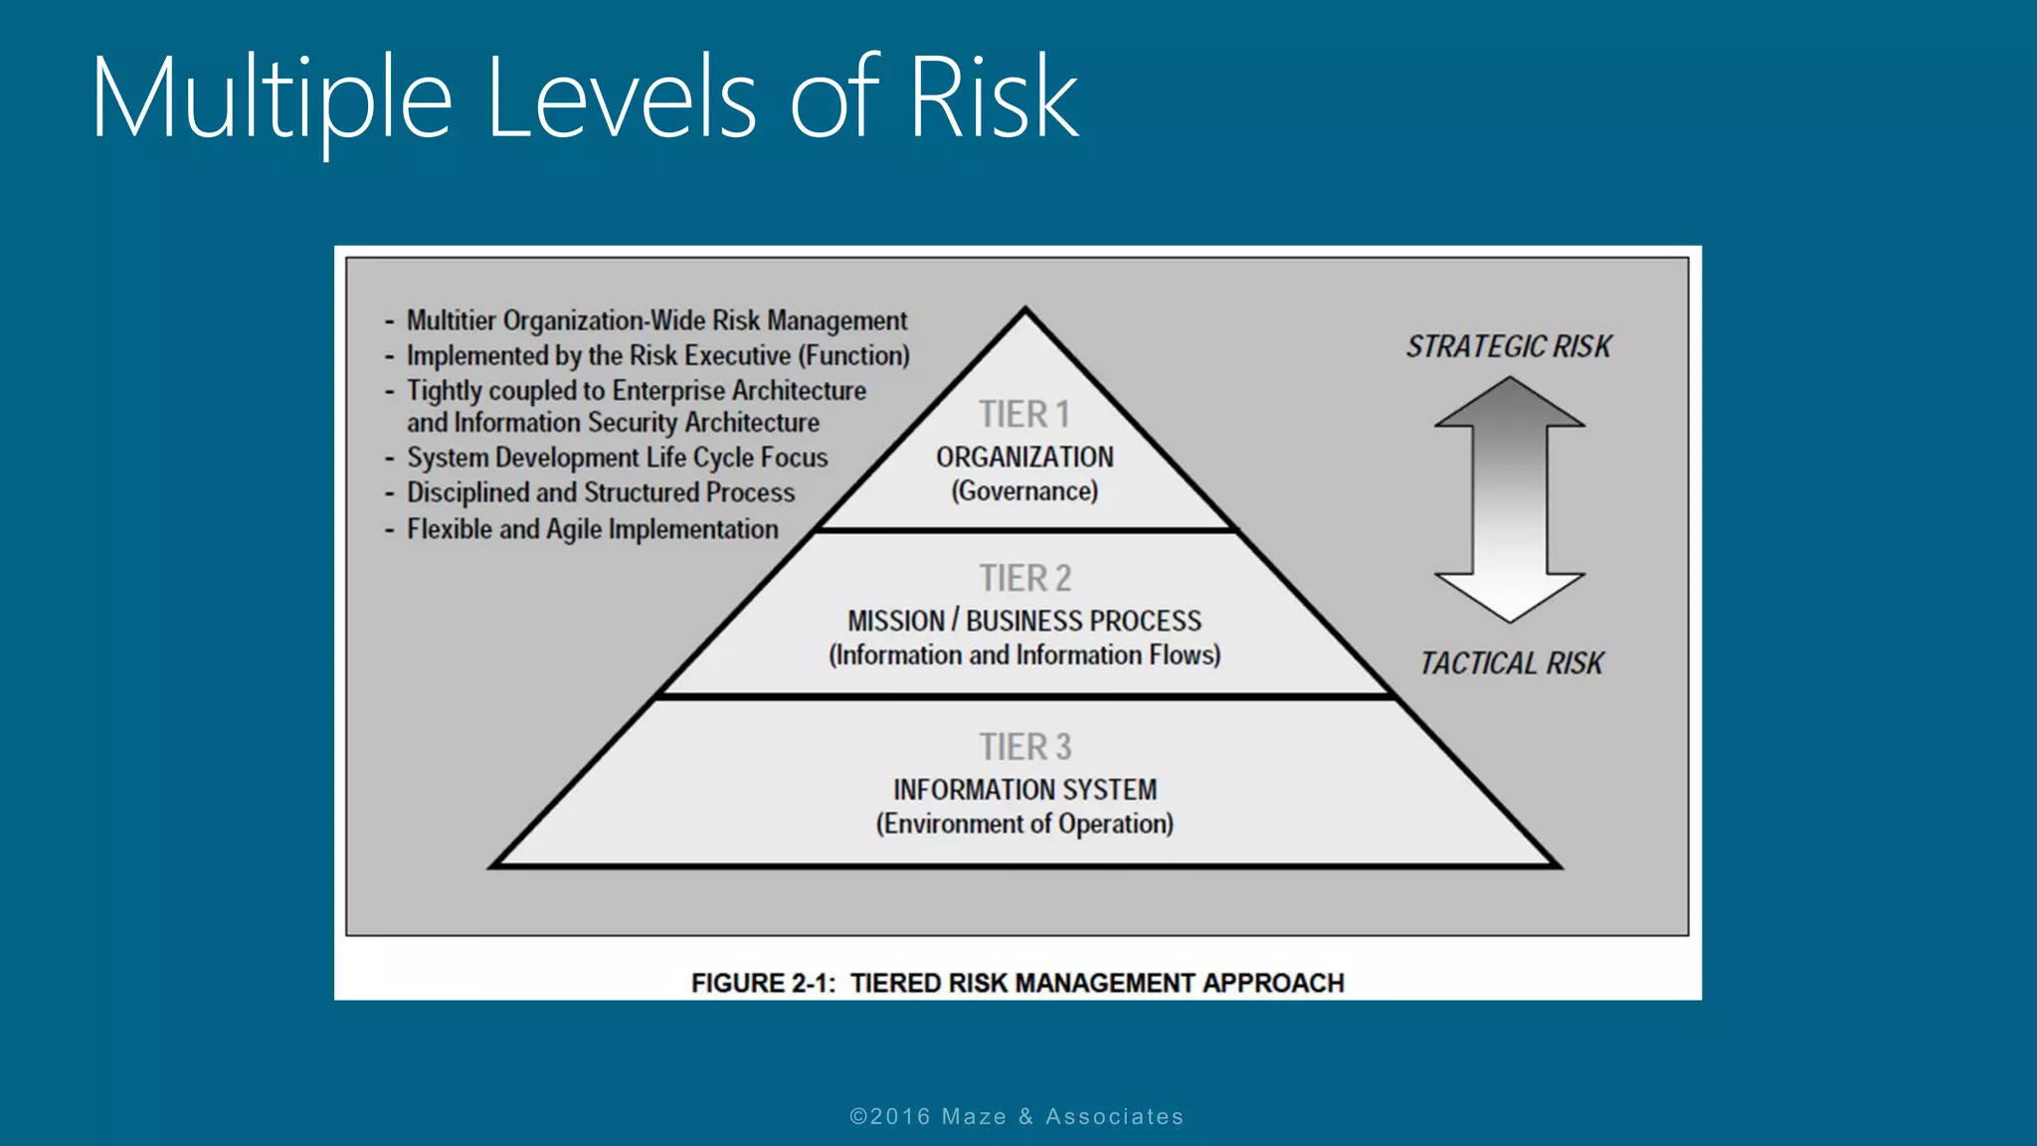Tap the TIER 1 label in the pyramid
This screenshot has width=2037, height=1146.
tap(1023, 414)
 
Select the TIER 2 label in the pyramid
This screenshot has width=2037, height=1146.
tap(1024, 578)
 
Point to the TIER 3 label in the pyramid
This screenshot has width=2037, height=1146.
tap(1024, 747)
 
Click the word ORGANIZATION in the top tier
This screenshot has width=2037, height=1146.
tap(1024, 458)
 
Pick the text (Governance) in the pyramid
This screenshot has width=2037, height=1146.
tap(1024, 491)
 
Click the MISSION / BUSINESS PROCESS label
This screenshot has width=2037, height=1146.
tap(1024, 621)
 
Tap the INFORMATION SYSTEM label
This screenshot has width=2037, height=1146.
tap(1024, 790)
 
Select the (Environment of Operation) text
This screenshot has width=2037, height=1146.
tap(1024, 824)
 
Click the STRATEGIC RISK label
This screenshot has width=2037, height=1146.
tap(1508, 346)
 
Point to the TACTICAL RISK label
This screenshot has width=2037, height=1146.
tap(1511, 664)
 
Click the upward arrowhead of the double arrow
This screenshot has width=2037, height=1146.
tap(1510, 403)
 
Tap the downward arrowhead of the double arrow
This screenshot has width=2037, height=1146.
tap(1510, 597)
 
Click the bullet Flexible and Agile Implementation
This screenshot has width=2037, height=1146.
tap(592, 529)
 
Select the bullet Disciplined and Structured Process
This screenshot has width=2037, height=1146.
tap(601, 492)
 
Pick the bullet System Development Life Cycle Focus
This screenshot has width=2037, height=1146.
tap(617, 458)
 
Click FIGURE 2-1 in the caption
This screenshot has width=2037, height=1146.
tap(763, 983)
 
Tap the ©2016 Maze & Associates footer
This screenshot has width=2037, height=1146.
tap(1017, 1116)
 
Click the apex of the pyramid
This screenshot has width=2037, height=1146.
tap(1025, 310)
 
